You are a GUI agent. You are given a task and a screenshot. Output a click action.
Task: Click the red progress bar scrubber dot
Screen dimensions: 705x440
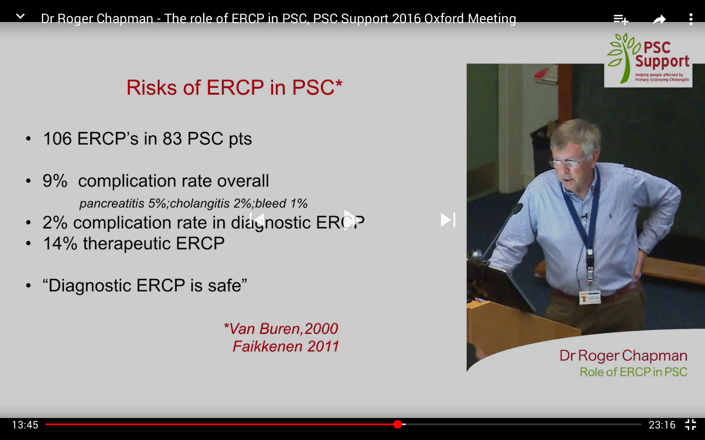(x=398, y=424)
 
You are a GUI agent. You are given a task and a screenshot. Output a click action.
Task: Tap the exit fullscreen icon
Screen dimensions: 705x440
(x=691, y=425)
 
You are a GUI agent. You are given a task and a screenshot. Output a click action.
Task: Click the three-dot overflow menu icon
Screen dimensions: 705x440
(x=691, y=19)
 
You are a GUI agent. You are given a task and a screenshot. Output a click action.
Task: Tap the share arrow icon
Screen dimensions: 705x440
(x=659, y=19)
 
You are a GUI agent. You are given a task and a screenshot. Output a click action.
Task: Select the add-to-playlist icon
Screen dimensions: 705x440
(x=621, y=19)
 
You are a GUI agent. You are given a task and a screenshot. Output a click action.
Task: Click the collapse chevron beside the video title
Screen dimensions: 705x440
(x=20, y=16)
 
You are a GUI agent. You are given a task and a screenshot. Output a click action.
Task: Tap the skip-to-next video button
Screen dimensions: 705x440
(x=448, y=219)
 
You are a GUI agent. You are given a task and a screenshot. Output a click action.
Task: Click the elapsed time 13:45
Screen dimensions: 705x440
(x=25, y=425)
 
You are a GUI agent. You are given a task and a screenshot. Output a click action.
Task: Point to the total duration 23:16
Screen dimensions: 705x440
(x=662, y=425)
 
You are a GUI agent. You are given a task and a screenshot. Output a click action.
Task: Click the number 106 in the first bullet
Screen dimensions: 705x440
(x=57, y=139)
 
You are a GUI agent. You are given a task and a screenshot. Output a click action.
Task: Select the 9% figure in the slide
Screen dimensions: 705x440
(x=55, y=181)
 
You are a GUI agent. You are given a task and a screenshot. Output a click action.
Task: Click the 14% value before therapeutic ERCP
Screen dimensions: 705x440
(x=60, y=244)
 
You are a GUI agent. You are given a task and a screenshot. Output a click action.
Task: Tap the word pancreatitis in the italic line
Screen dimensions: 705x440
(x=112, y=204)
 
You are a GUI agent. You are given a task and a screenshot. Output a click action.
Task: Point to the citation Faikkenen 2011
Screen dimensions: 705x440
(x=285, y=346)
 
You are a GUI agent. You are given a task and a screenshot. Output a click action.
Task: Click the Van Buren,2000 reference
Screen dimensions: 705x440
(x=281, y=329)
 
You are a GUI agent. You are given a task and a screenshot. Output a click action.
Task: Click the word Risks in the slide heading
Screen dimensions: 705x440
(x=151, y=87)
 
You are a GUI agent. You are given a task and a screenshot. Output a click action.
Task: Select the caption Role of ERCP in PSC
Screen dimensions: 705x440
(x=633, y=372)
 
